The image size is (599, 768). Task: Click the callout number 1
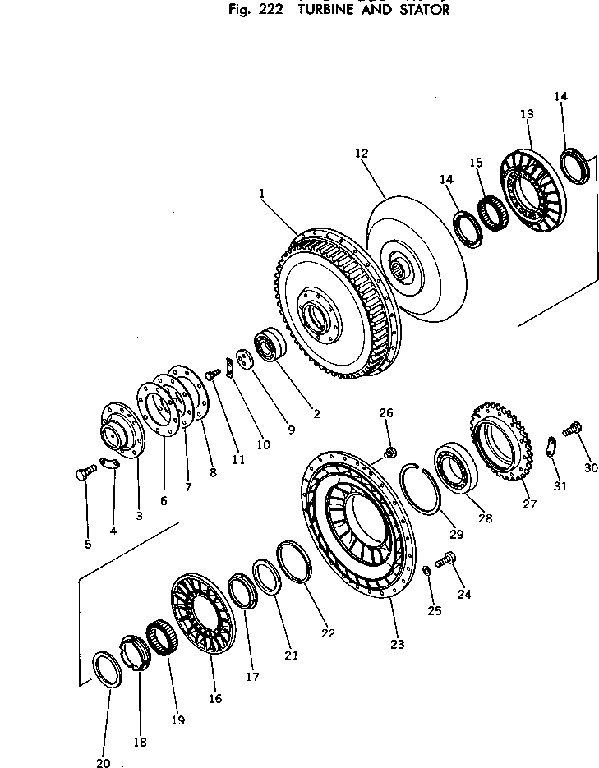pyautogui.click(x=260, y=194)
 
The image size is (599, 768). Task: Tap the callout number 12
pyautogui.click(x=362, y=154)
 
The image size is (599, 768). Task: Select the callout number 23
pyautogui.click(x=397, y=645)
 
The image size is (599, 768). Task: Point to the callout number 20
pyautogui.click(x=103, y=762)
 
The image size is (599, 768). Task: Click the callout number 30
pyautogui.click(x=591, y=468)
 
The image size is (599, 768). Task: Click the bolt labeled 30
pyautogui.click(x=572, y=428)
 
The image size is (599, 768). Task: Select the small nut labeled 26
pyautogui.click(x=390, y=451)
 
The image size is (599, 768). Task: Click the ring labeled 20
pyautogui.click(x=106, y=669)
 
